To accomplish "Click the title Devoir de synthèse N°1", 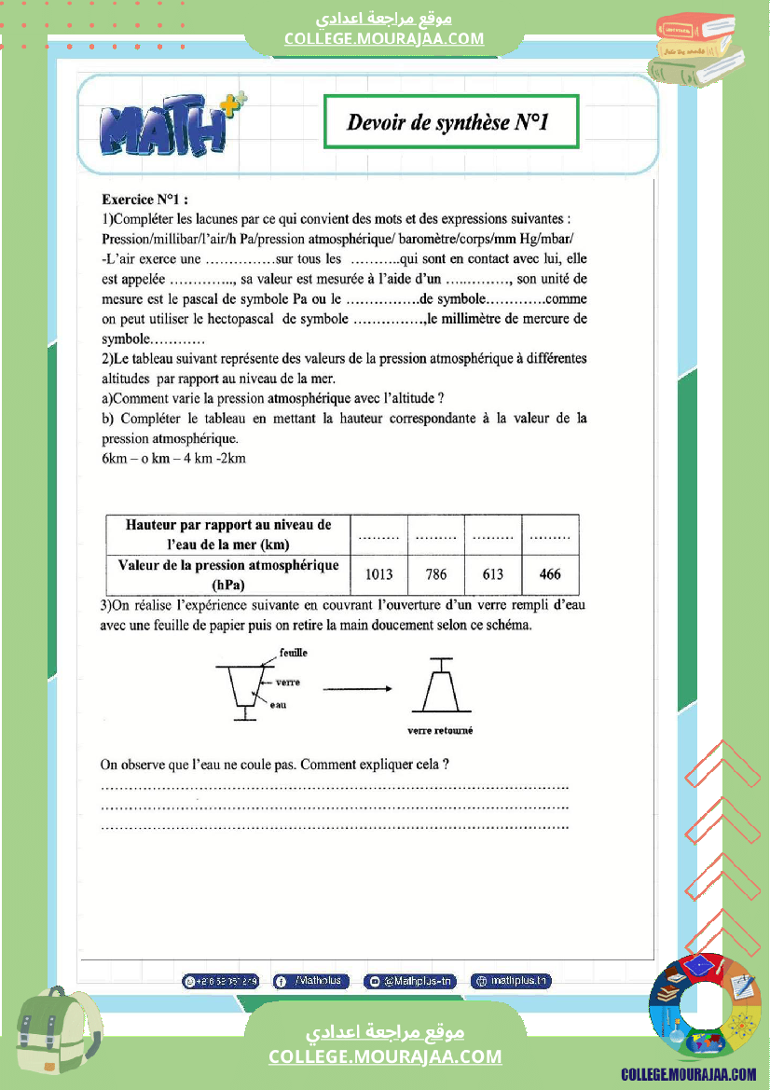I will (x=451, y=121).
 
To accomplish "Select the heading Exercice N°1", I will (x=144, y=199).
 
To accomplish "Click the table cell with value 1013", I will (x=379, y=574).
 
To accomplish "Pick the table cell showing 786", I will (x=436, y=574).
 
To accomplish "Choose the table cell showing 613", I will (x=493, y=574).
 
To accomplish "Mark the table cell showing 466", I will (x=550, y=574).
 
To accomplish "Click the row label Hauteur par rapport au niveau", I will (x=228, y=534).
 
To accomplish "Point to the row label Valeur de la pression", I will (x=228, y=574).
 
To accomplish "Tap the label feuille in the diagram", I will (x=293, y=653).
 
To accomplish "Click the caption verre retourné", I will (x=441, y=731).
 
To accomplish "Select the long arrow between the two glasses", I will (x=356, y=689).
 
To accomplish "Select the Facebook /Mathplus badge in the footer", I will (x=311, y=981).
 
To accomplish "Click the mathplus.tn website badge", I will (x=511, y=981).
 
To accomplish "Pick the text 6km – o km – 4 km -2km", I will (x=173, y=459).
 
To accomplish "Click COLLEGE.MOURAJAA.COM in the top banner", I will (x=384, y=38).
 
